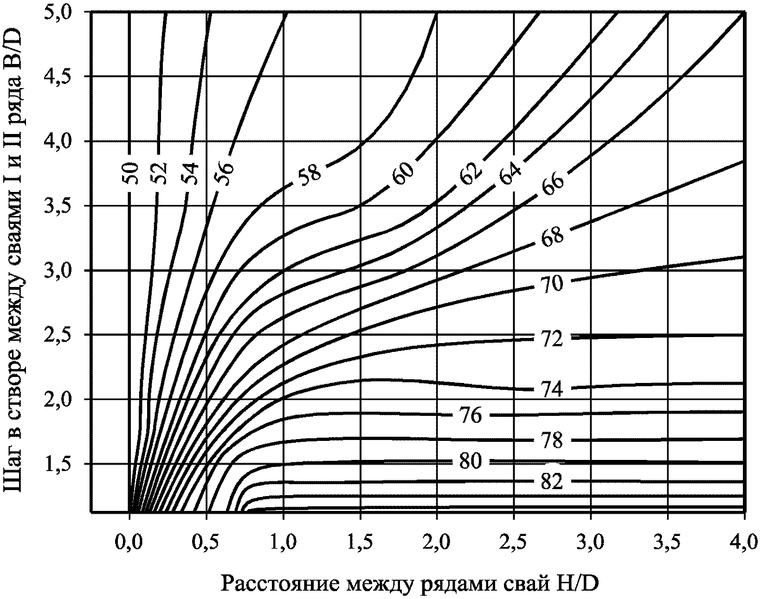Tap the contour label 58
[x=309, y=175]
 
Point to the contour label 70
[x=551, y=284]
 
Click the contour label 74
[x=551, y=390]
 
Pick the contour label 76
[x=471, y=415]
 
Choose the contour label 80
[x=471, y=461]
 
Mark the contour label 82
[x=551, y=482]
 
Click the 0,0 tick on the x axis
[x=129, y=542]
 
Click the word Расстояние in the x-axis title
[x=282, y=584]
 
